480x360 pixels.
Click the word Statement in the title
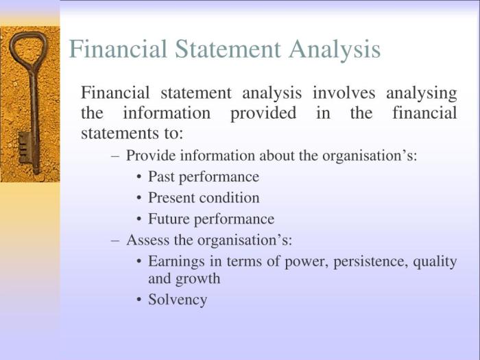click(228, 49)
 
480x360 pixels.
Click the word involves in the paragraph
click(344, 93)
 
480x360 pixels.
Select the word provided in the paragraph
click(263, 114)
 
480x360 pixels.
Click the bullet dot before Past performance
click(139, 177)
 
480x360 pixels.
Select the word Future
click(169, 219)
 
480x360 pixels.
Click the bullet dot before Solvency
click(139, 300)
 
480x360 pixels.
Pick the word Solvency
click(178, 300)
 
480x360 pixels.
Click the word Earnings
click(176, 262)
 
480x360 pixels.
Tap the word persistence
click(371, 262)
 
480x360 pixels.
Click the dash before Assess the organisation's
click(115, 241)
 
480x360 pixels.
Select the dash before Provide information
click(115, 156)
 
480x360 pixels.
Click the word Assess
click(147, 240)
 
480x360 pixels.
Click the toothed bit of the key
click(25, 147)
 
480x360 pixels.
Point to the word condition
click(229, 197)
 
